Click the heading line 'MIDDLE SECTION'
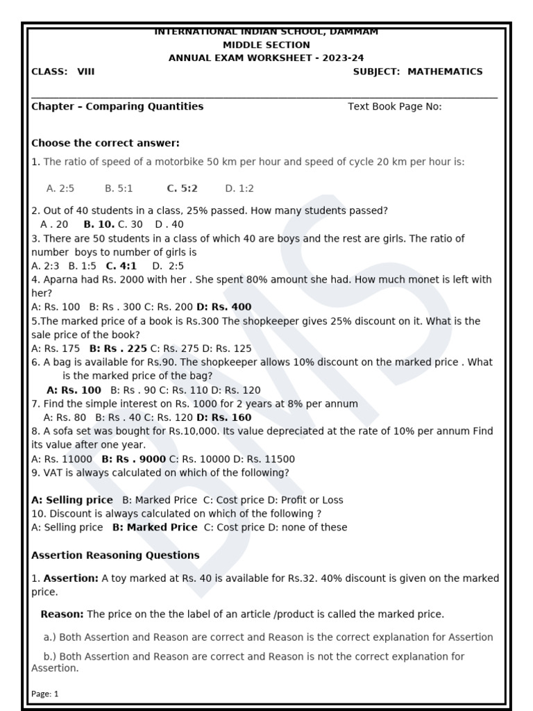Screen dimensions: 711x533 click(x=266, y=45)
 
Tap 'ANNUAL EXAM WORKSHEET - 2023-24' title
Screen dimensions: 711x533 click(x=266, y=58)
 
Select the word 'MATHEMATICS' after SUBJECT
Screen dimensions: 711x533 click(x=445, y=72)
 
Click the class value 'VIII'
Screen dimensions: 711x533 click(x=85, y=72)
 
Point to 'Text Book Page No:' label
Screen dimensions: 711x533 click(x=394, y=106)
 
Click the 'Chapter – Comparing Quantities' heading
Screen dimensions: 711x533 click(x=117, y=106)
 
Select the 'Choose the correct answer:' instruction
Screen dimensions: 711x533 click(x=105, y=143)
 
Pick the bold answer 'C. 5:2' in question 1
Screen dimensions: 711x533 click(x=182, y=188)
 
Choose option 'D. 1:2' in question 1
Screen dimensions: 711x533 click(x=239, y=188)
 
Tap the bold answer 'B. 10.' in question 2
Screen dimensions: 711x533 click(x=99, y=224)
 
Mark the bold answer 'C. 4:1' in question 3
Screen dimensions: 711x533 click(x=121, y=266)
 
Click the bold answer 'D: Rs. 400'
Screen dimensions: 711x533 click(x=224, y=307)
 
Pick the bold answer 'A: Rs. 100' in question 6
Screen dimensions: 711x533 click(x=73, y=390)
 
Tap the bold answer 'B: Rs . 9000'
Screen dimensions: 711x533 click(x=133, y=459)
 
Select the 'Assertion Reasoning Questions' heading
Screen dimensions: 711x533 click(x=115, y=555)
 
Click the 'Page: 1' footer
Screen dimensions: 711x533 click(x=45, y=694)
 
